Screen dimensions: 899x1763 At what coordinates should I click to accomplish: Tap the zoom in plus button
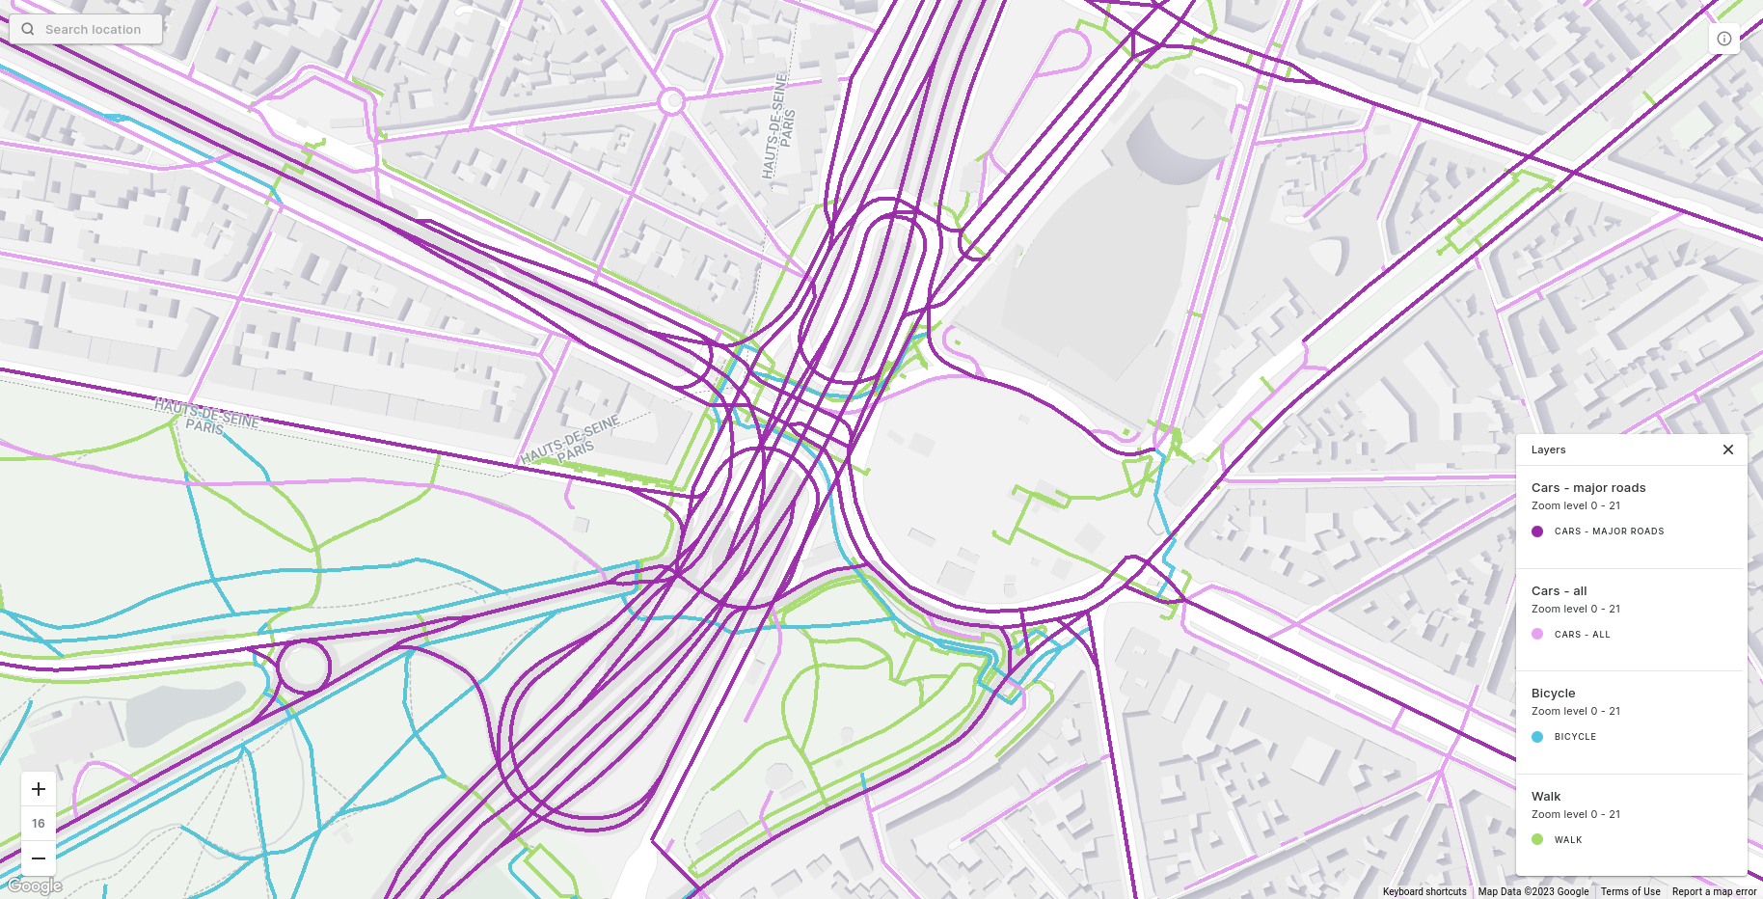pos(39,789)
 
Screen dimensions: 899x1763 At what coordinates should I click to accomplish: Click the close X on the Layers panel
pos(1727,449)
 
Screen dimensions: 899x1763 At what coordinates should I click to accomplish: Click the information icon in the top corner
pos(1723,39)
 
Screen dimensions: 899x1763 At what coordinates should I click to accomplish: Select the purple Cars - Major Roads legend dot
pos(1537,531)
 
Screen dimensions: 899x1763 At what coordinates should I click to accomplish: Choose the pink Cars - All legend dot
pos(1537,634)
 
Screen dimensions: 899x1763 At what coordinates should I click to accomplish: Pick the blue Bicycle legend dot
pos(1537,737)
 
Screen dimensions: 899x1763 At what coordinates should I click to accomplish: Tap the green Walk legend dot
pos(1537,839)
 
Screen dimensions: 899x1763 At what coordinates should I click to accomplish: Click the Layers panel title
pos(1548,449)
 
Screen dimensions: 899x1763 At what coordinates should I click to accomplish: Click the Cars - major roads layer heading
pos(1587,488)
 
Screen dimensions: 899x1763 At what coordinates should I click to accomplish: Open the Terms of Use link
pos(1630,891)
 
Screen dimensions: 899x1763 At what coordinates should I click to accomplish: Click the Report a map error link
pos(1714,891)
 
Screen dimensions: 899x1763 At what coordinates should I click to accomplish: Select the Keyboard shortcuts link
pos(1424,891)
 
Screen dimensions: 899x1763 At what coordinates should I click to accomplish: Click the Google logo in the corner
pos(35,885)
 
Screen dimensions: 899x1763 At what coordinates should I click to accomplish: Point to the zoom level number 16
pos(39,823)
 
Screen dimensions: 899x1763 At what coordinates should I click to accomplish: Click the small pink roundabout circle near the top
pos(671,100)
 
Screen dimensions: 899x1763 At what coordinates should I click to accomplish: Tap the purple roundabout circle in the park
pos(304,666)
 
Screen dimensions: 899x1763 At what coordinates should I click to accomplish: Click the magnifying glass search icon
pos(28,29)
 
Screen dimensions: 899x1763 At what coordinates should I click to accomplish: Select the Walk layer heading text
pos(1545,797)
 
